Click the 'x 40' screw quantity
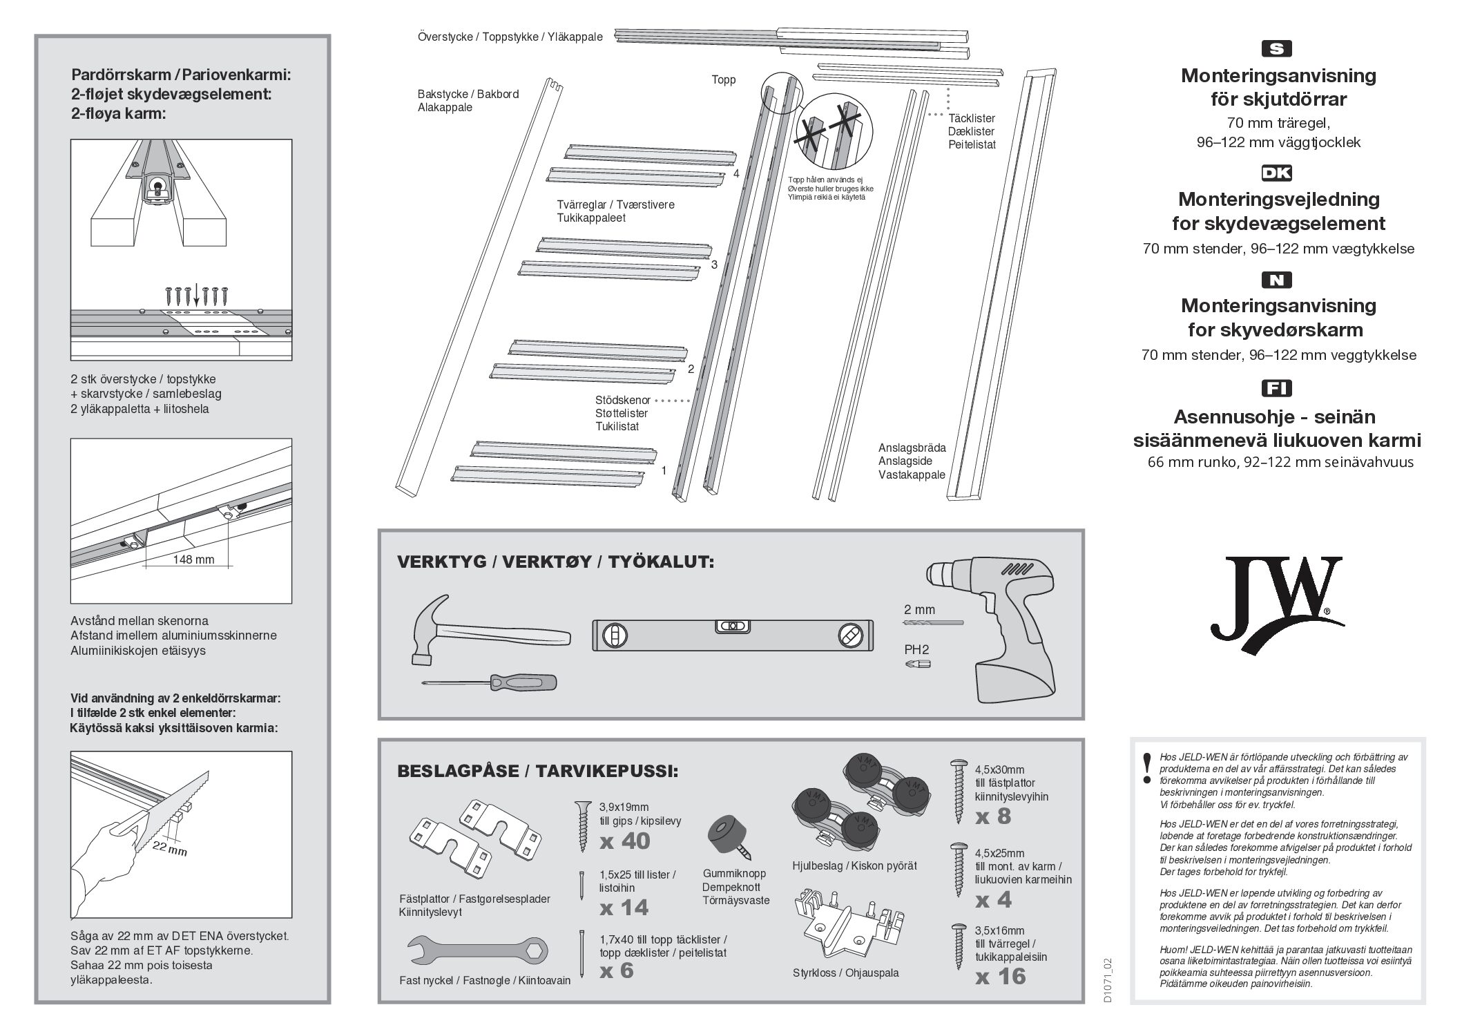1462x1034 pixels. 625,841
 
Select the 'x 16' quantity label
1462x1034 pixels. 1001,976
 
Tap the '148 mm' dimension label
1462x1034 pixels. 193,559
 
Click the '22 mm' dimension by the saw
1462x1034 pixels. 170,848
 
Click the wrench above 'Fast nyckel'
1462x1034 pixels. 477,951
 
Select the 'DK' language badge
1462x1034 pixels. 1276,173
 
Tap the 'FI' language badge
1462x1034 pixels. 1276,388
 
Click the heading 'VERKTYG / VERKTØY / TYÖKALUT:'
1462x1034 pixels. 555,562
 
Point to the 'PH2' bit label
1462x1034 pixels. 916,650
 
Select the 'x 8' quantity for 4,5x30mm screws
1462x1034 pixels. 993,816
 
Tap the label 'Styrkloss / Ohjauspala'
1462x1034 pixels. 845,973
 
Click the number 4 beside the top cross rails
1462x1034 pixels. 736,173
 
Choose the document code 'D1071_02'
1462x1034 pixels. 1107,980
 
